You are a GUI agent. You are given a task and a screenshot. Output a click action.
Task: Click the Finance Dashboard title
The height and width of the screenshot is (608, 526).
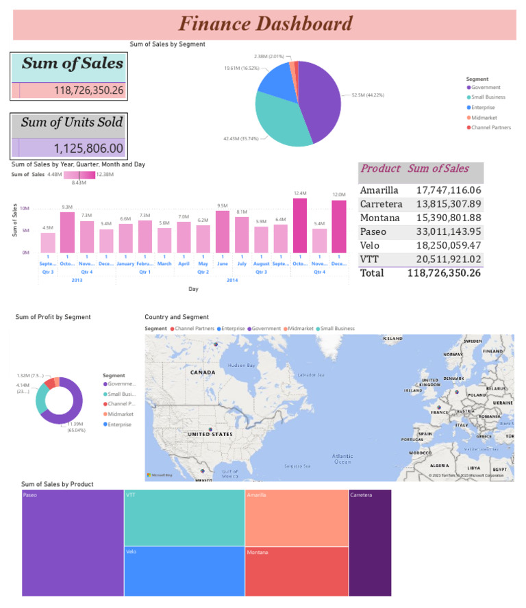point(265,25)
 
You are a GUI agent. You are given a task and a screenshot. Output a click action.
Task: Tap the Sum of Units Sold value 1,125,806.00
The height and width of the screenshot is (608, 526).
point(88,149)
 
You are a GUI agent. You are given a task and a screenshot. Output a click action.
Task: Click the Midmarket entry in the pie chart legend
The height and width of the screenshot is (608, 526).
point(484,117)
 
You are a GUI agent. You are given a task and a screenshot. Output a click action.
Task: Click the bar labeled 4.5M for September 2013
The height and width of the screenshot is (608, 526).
point(48,242)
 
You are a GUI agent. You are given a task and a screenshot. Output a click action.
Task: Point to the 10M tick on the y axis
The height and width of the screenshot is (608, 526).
point(24,208)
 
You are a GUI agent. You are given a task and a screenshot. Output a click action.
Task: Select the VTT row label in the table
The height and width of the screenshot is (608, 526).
point(371,259)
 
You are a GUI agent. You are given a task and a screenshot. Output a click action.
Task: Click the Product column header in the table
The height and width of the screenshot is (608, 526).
point(380,168)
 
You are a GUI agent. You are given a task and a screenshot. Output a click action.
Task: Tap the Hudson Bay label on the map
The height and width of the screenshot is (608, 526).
point(241,366)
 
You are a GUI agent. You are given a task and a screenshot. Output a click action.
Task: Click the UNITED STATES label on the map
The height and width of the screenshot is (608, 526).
point(210,434)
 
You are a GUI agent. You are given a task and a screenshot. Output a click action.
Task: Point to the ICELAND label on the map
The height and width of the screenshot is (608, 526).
point(392,338)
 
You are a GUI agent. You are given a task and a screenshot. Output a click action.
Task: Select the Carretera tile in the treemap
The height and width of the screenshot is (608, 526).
point(370,543)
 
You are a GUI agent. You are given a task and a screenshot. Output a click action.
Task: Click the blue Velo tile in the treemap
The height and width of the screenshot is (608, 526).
point(184,571)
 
